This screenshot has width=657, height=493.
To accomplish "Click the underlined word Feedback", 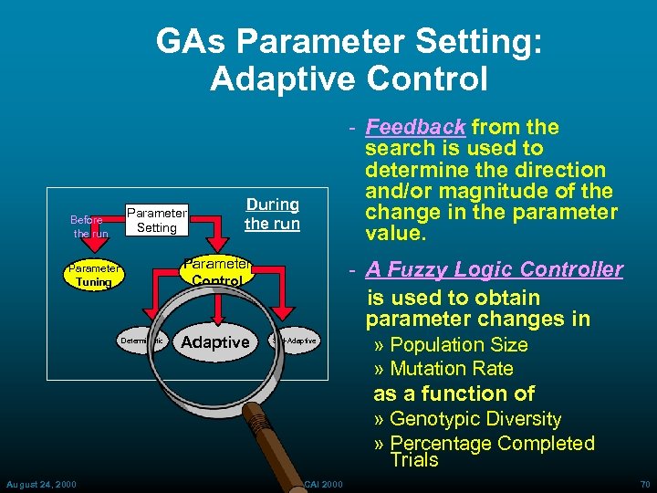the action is (415, 127).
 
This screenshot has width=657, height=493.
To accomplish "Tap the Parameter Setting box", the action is (156, 220).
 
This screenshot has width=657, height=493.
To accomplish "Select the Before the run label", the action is (89, 226).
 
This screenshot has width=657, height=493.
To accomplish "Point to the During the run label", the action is (272, 214).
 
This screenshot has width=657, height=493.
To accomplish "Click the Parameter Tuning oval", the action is (93, 275).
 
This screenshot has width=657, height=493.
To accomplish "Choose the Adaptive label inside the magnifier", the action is (215, 342).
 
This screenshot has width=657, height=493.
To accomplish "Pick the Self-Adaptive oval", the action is (296, 341).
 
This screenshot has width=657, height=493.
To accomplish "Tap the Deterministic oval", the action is (141, 341).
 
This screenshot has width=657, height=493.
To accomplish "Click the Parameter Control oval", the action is (217, 272).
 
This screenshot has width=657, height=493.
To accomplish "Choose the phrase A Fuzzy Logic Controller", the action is (494, 269).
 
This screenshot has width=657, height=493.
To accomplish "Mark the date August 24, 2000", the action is (41, 483).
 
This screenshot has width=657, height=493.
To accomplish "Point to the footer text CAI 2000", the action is (323, 483).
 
